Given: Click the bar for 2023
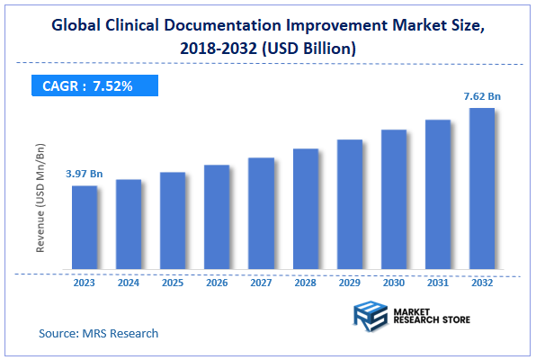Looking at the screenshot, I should (85, 227).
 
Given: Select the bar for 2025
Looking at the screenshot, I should (173, 220).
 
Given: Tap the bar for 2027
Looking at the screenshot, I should (261, 213).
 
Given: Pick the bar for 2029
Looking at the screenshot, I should (349, 204).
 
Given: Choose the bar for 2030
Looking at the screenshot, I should (393, 199).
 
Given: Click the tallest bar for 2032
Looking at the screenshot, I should (481, 189).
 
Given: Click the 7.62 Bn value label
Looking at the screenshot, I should (481, 95).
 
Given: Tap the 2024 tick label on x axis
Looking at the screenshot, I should (129, 283).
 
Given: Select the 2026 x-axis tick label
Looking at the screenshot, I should (217, 283).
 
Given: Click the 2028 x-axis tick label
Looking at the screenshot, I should (305, 283).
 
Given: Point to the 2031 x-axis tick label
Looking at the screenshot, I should (437, 283).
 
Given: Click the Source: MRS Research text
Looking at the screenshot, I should (98, 333).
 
